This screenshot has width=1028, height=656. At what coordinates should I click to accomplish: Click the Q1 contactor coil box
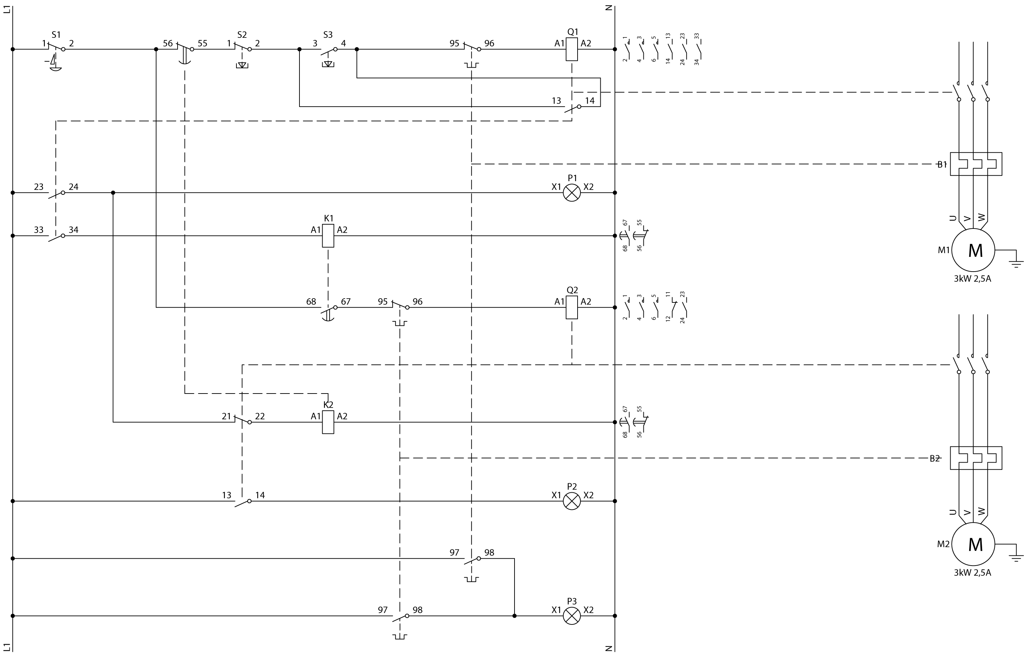572,49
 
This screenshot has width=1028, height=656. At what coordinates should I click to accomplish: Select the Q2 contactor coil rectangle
572,307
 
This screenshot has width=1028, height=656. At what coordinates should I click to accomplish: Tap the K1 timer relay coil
328,235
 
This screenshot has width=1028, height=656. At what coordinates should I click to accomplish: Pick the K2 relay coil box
328,422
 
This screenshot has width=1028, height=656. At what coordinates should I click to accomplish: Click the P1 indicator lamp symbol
572,193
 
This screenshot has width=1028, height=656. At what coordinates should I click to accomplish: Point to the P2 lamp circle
572,501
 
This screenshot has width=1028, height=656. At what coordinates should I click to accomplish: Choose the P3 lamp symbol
572,616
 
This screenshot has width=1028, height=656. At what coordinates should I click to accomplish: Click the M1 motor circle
973,250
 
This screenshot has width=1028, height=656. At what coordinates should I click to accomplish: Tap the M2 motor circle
973,544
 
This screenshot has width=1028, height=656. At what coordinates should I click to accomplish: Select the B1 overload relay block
976,164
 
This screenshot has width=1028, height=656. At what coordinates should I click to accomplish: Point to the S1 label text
56,35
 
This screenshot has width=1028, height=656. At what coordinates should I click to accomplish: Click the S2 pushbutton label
242,35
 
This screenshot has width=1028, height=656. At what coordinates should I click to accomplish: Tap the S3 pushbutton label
328,35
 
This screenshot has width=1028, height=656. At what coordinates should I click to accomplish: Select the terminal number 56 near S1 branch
168,43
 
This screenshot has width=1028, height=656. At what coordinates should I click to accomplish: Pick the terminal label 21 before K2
226,416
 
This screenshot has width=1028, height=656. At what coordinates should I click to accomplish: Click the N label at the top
609,8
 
